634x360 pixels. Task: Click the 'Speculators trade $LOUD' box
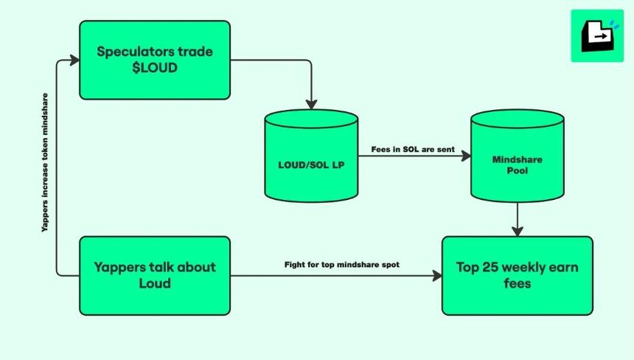155,60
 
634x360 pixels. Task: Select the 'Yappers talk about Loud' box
155,275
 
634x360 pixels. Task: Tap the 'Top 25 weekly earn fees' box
517,275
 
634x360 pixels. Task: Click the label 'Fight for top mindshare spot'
342,264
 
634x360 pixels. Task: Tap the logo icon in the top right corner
596,35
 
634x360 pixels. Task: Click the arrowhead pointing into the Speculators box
74,60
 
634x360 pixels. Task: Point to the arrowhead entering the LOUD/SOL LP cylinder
312,103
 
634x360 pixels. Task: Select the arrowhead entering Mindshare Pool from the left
466,156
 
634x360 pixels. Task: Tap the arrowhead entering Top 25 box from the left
437,276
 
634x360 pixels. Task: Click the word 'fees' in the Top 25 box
517,283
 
